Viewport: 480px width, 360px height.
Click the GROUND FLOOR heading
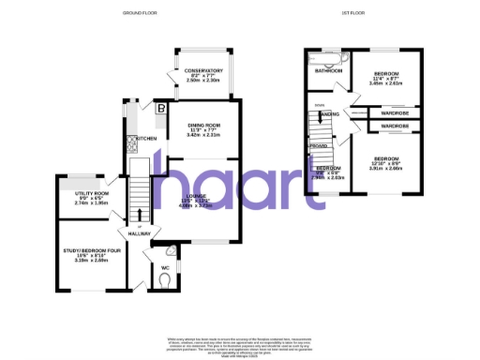pyautogui.click(x=139, y=13)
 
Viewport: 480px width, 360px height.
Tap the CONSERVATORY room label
pyautogui.click(x=203, y=71)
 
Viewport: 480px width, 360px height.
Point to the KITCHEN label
pyautogui.click(x=146, y=138)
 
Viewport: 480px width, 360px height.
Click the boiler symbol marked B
pyautogui.click(x=161, y=109)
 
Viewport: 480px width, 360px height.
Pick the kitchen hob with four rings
pyautogui.click(x=130, y=145)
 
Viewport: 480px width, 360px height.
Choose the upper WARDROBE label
pyautogui.click(x=395, y=113)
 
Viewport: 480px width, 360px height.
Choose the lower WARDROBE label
pyautogui.click(x=395, y=126)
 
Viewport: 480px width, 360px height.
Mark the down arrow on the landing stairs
pyautogui.click(x=320, y=105)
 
